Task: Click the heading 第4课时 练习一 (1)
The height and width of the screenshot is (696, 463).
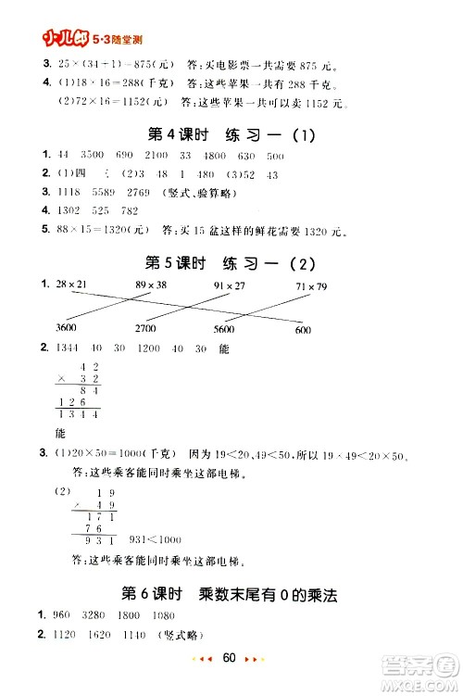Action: coord(231,135)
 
